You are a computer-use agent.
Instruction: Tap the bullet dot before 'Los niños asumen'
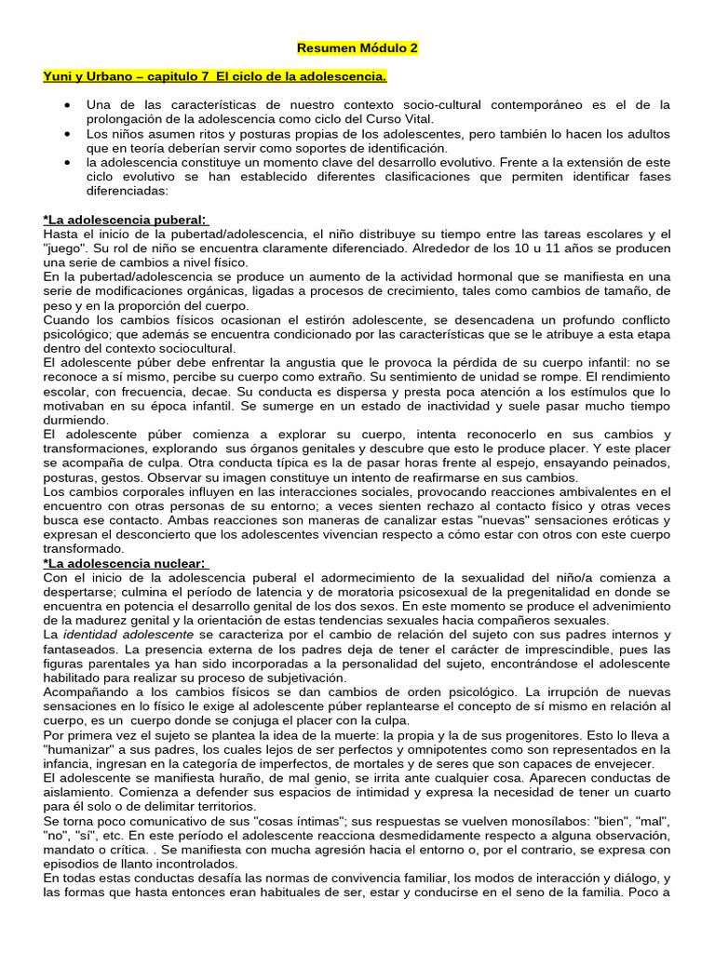tap(70, 135)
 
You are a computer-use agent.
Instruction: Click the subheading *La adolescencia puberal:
tap(127, 220)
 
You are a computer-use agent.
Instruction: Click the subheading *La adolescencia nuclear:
tap(127, 563)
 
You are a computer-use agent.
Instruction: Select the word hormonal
tap(473, 276)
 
